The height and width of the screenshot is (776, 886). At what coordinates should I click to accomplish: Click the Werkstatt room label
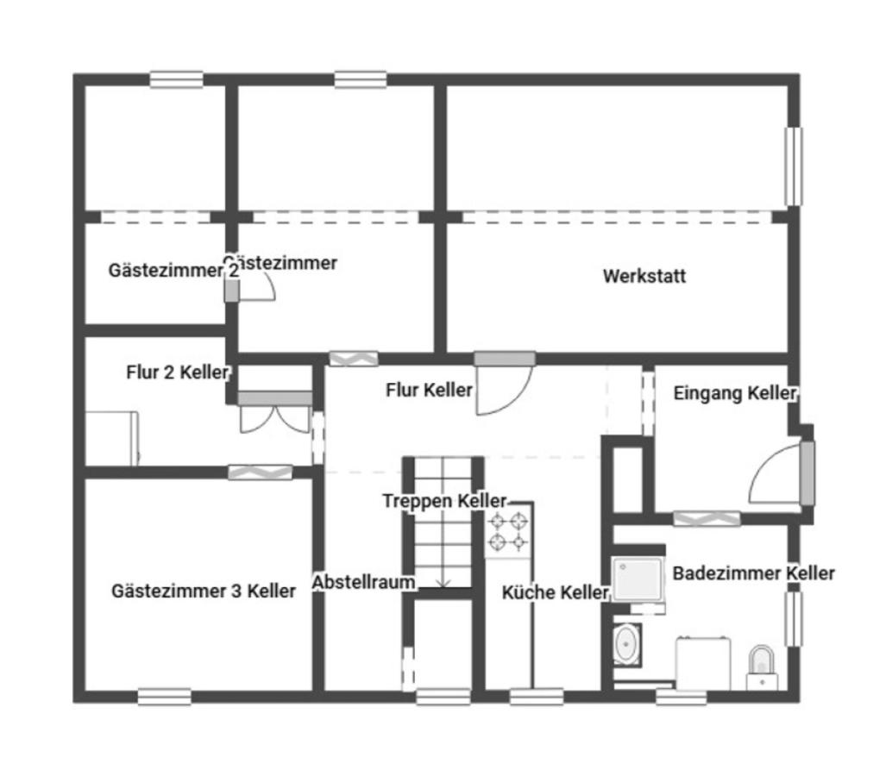point(644,277)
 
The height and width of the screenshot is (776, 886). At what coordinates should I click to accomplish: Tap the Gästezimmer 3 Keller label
point(204,591)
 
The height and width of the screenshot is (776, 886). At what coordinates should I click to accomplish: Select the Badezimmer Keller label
point(753,573)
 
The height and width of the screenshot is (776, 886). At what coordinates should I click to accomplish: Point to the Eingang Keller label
point(734,393)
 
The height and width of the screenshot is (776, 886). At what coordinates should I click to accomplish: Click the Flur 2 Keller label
point(178,372)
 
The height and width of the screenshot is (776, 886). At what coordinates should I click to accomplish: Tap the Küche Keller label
point(555,592)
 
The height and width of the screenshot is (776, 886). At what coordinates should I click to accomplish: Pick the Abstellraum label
point(363,582)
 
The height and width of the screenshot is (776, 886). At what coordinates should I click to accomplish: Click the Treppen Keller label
point(444,501)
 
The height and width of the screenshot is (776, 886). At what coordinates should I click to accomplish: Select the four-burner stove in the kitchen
point(508,531)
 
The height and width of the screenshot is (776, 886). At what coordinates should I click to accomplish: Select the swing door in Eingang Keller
point(778,474)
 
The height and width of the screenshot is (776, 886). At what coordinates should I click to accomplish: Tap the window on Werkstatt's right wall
point(792,166)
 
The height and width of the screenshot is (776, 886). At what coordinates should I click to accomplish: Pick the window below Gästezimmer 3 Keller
point(164,696)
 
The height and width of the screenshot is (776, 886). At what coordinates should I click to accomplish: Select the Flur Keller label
point(429,390)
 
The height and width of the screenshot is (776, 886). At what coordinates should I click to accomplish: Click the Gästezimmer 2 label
point(173,270)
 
